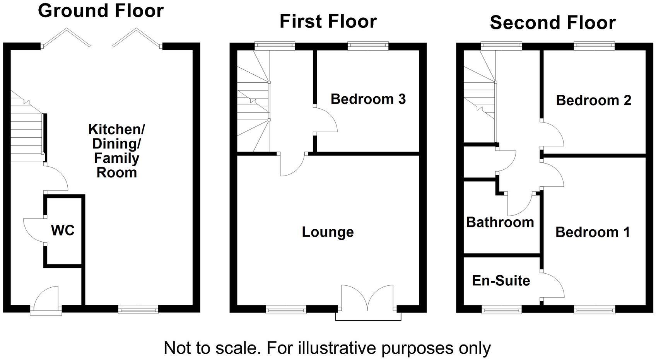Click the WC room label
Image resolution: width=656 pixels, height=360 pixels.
pos(63,230)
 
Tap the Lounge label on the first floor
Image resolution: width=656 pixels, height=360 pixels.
pos(328,232)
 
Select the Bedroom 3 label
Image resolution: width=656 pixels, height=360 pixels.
pos(368,99)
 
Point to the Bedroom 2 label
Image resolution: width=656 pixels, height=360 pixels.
pos(593,101)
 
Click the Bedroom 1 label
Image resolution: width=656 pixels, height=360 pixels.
pos(593,232)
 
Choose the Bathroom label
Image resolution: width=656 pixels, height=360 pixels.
pos(500,222)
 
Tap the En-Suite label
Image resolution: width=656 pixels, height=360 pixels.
pos(501,280)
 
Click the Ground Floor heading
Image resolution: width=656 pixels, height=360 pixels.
pos(101,11)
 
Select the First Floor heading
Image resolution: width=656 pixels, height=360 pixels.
pos(328,21)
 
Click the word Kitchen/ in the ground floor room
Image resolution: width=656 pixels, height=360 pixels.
pos(116,129)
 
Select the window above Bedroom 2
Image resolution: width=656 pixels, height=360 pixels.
pos(594,46)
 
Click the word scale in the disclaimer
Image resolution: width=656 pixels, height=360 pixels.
pos(237,348)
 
